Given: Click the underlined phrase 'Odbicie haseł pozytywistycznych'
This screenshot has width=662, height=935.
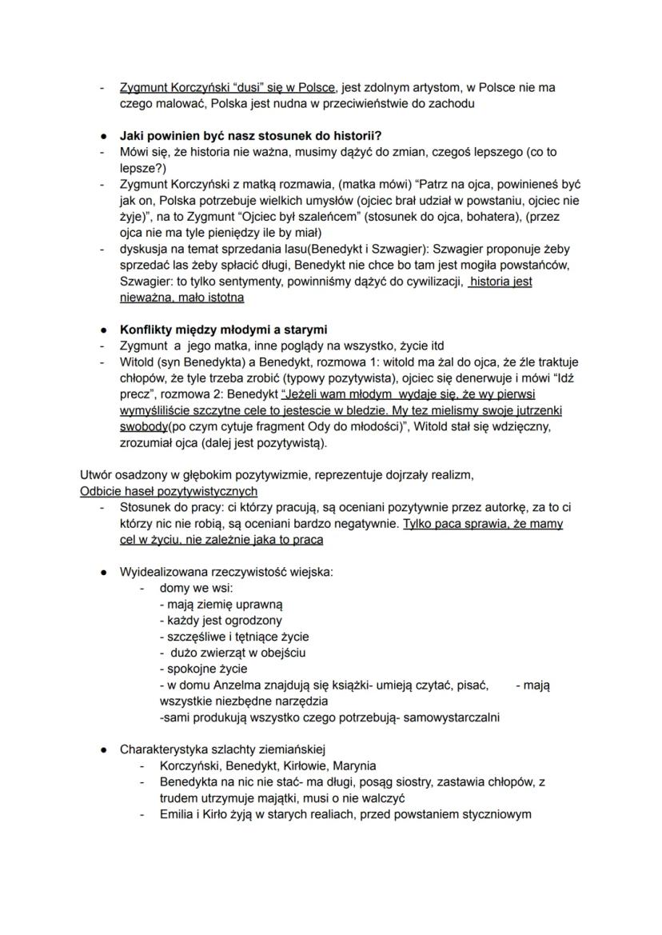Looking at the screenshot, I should point(169,490).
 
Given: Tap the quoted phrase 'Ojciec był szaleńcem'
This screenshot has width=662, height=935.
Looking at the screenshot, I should point(296,216).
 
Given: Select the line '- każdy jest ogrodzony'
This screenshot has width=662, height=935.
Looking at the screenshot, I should point(221,620).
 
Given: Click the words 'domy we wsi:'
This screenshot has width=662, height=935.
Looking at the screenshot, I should point(196,588).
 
